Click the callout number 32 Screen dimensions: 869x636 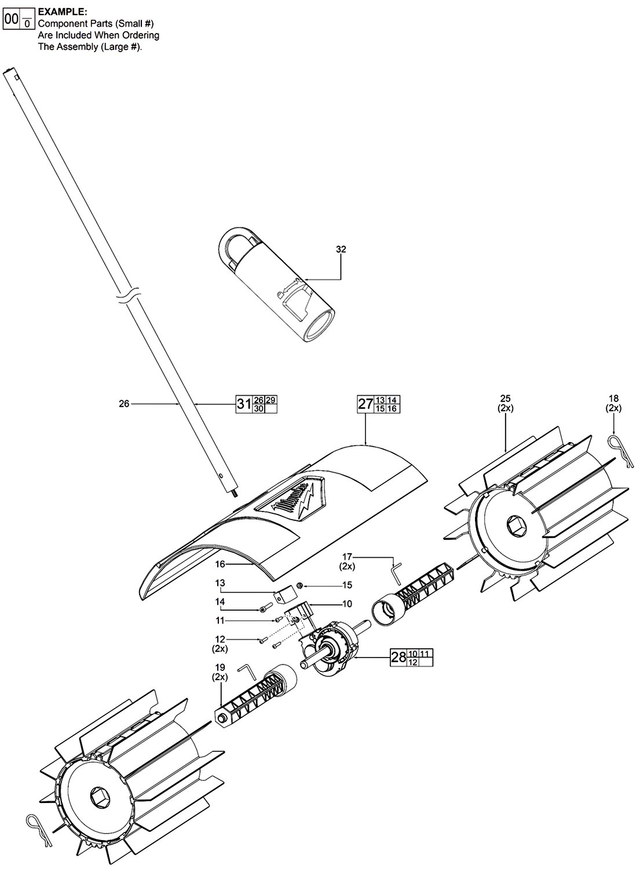pos(341,250)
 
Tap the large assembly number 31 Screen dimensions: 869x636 pos(243,404)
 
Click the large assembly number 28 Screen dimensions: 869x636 pos(399,658)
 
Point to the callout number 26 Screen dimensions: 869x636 pos(124,404)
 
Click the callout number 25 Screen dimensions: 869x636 pos(506,398)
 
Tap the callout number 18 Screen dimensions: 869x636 pos(613,398)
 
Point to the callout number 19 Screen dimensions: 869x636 pos(221,667)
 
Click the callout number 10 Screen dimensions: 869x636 pos(347,604)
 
